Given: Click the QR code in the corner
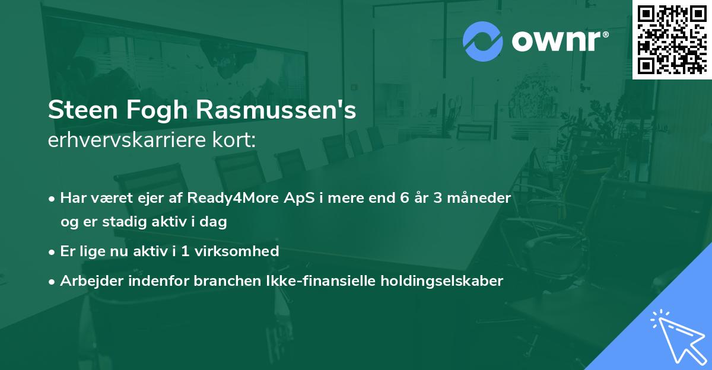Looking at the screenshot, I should (672, 39).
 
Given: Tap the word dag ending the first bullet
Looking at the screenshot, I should (215, 222).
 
